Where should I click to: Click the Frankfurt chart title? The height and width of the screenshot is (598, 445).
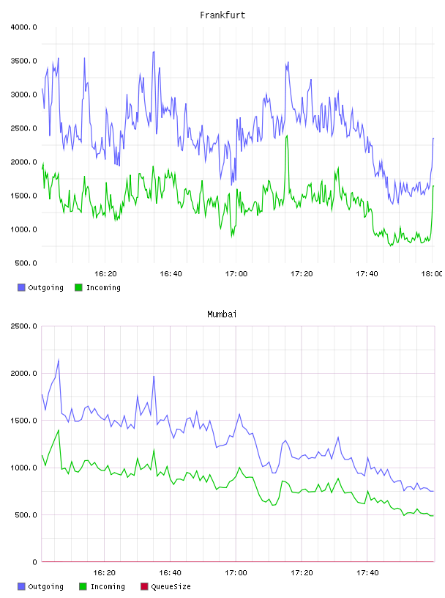[x=222, y=15]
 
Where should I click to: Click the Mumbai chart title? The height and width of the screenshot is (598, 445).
[x=222, y=314]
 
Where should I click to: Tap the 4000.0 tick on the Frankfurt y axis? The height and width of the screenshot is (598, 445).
[x=24, y=27]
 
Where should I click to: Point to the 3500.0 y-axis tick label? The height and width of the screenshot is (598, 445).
[x=24, y=61]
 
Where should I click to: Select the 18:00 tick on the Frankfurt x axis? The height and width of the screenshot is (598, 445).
[x=432, y=273]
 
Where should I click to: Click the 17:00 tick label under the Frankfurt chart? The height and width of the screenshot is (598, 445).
[x=236, y=273]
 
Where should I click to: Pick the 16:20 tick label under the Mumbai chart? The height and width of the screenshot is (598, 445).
[x=105, y=572]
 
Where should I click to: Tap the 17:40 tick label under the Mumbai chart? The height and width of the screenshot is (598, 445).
[x=367, y=572]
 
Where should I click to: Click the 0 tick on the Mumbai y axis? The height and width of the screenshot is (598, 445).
[x=34, y=562]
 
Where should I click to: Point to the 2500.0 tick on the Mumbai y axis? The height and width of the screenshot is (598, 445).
[x=24, y=326]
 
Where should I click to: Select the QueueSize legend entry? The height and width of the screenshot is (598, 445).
[x=165, y=586]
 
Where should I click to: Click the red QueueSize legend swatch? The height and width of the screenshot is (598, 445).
[x=144, y=586]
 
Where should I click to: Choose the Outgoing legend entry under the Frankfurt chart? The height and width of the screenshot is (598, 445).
[x=40, y=287]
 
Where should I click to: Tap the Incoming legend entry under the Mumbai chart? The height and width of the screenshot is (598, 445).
[x=102, y=586]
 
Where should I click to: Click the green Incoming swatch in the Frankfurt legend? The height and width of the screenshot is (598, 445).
[x=78, y=287]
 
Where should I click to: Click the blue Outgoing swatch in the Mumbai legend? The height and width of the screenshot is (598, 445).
[x=21, y=586]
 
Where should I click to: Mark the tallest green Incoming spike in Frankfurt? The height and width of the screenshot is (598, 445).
[x=287, y=136]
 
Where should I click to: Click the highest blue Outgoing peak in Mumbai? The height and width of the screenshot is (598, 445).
[x=59, y=359]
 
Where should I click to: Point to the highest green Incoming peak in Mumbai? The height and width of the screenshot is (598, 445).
[x=59, y=430]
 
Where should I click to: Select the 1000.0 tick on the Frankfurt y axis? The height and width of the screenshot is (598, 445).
[x=24, y=229]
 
